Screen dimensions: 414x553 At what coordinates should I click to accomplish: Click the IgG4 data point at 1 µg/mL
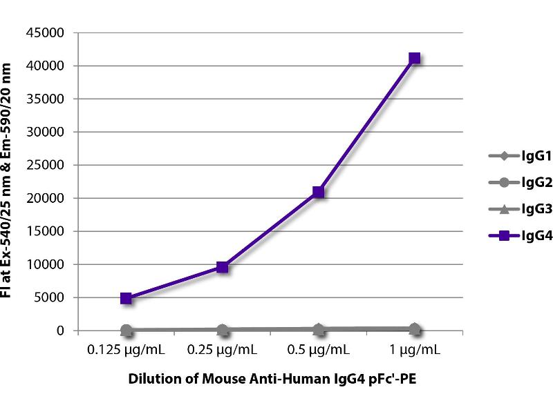click(414, 59)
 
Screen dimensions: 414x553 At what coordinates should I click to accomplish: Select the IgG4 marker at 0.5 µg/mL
click(318, 192)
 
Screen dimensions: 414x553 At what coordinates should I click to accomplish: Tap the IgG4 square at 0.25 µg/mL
click(222, 267)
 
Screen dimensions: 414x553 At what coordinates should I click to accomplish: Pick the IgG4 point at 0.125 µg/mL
click(126, 298)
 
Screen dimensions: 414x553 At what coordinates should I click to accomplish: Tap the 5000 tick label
click(52, 298)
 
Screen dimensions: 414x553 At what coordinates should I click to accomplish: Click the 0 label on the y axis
click(60, 331)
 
